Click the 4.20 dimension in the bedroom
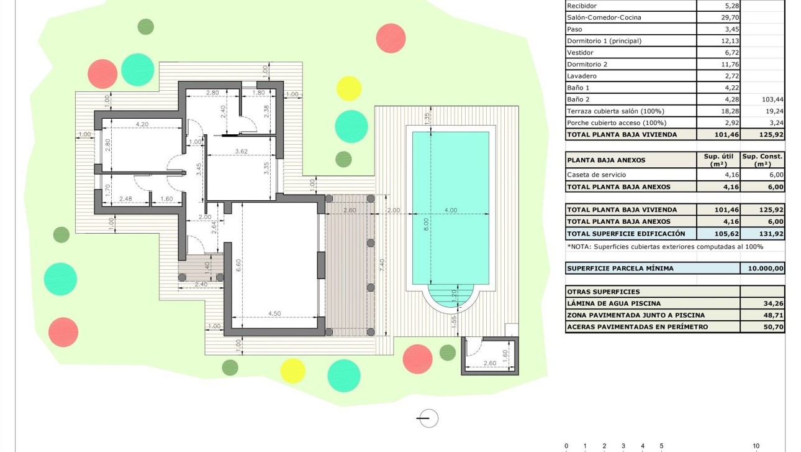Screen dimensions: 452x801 tap(142, 124)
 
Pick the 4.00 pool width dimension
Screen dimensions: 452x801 tap(451, 210)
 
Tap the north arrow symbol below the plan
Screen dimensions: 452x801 tap(428, 418)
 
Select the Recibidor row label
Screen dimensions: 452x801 tap(582, 6)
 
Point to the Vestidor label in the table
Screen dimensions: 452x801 tap(580, 53)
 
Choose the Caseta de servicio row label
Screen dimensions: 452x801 tap(596, 175)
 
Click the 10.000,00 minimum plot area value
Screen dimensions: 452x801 tap(763, 269)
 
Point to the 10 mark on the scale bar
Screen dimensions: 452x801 tap(756, 446)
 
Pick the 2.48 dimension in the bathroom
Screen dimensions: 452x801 tap(125, 199)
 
